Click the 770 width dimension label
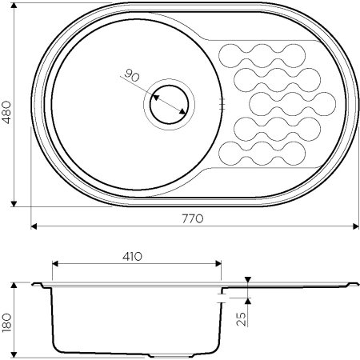point(193,218)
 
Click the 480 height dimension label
point(6,112)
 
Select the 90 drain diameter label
point(132,75)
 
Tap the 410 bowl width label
point(132,257)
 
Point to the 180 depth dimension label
point(6,322)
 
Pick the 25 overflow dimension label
point(241,319)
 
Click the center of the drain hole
point(169,105)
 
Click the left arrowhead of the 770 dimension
point(34,226)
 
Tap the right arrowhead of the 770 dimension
point(356,226)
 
